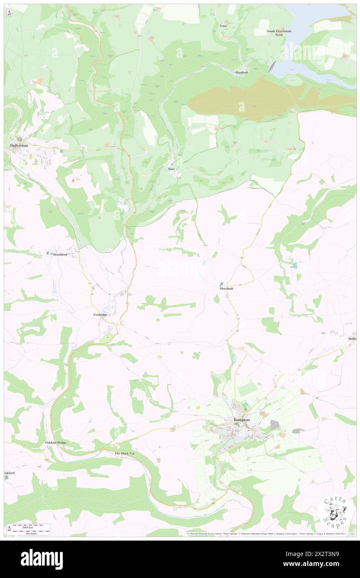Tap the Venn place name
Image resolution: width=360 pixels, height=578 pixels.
coord(223,26)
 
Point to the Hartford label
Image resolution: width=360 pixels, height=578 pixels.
coord(242,72)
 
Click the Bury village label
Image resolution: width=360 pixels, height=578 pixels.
coord(171,169)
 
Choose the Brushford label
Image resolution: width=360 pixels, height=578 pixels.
coord(60,254)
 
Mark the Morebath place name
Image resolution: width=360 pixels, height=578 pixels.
coord(223,288)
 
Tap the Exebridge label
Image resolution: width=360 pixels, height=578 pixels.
coord(100,315)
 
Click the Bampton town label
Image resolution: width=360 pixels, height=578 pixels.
coord(241,420)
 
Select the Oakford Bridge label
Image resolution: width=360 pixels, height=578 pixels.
coord(56,442)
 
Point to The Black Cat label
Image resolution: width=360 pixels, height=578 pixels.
coord(125,453)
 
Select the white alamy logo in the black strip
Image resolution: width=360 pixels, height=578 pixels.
coord(42,559)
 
